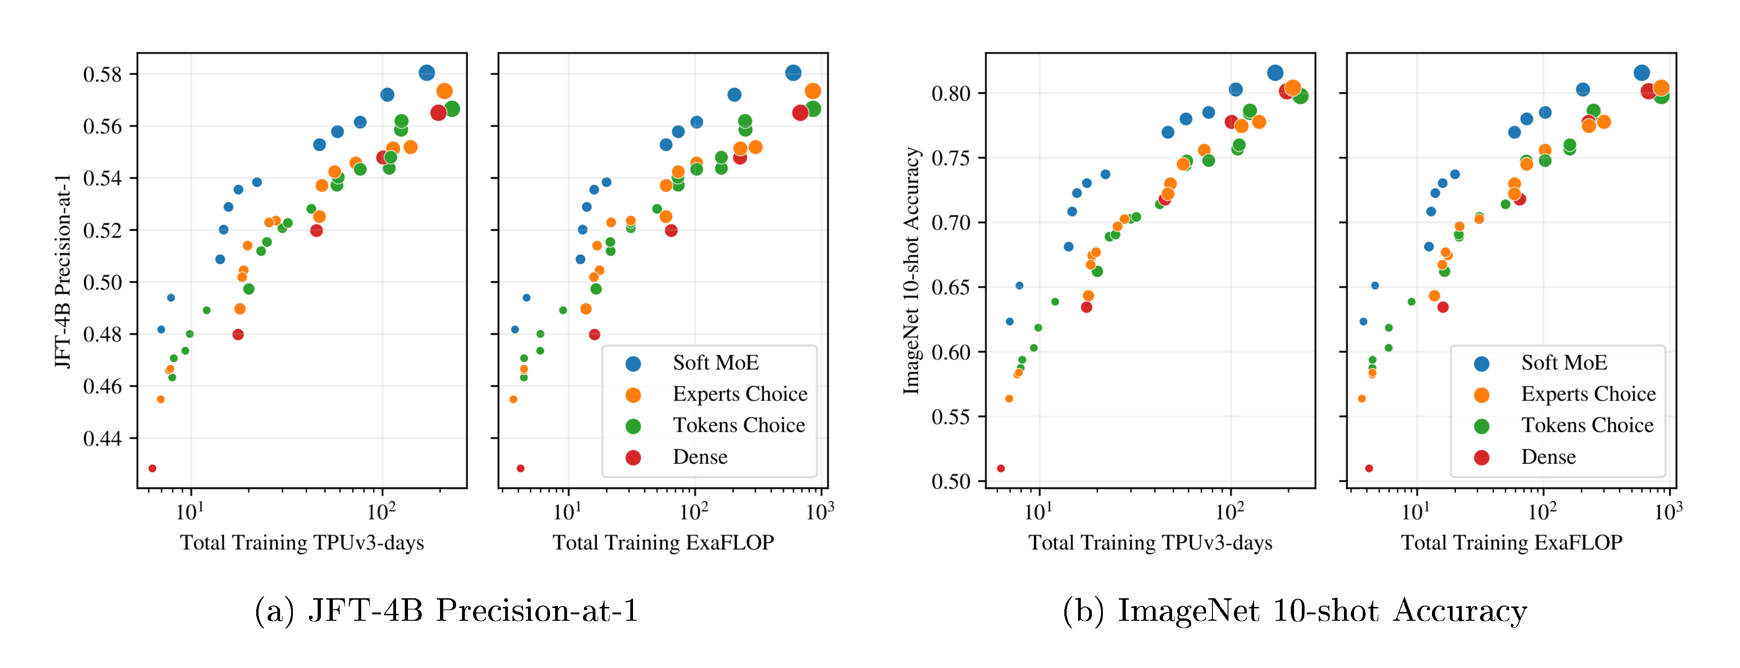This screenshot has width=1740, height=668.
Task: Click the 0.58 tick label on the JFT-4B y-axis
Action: click(x=102, y=74)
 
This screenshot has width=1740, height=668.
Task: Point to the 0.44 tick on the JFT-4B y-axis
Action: click(x=102, y=439)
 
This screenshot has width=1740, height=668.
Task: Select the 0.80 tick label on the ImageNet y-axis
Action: click(x=950, y=93)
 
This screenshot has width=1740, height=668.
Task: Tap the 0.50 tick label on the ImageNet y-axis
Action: click(x=950, y=481)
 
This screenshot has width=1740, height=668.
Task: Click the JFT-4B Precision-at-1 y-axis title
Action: click(x=63, y=270)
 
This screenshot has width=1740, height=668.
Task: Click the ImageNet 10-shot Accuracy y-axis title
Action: click(x=912, y=270)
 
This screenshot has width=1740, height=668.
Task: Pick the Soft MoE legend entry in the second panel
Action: click(x=715, y=363)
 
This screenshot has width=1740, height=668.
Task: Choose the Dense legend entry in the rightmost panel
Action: click(x=1547, y=457)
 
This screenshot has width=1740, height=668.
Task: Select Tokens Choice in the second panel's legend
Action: click(x=738, y=425)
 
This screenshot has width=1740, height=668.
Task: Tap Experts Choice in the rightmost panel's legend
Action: click(x=1587, y=394)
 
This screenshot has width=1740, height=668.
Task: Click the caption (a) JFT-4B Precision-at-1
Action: click(x=446, y=611)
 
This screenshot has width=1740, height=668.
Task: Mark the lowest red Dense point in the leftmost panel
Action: click(x=152, y=468)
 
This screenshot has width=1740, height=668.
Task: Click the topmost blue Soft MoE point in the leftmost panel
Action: click(x=426, y=73)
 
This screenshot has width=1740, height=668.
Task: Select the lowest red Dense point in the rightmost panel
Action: click(x=1369, y=468)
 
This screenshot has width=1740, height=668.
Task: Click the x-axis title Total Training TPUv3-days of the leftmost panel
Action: click(x=302, y=543)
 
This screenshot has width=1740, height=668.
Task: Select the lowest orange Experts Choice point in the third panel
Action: click(x=1009, y=399)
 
